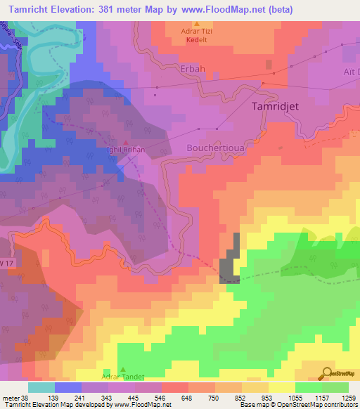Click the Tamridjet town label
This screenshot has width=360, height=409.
pos(280,107)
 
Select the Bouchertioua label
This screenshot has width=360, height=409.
pos(216,148)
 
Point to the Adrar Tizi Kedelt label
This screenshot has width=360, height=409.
pos(196,37)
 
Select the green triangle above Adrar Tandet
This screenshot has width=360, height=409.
pos(124,370)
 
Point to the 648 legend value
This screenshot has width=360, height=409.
pos(187,398)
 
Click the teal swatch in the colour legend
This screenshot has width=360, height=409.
pos(41,387)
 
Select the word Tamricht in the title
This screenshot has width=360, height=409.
pos(34,8)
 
